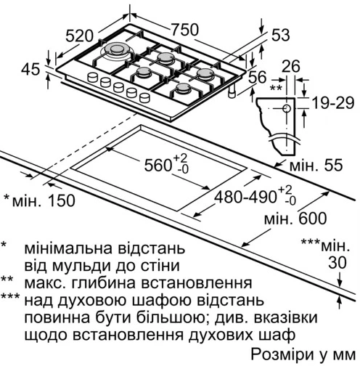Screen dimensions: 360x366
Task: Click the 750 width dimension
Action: point(185,30)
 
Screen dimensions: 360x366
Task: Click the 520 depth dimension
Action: point(79,36)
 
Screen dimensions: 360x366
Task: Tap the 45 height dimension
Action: point(30,69)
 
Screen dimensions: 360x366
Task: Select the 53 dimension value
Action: point(281,35)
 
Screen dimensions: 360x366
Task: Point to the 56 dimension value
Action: point(258,77)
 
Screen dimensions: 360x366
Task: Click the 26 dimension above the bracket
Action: point(291,66)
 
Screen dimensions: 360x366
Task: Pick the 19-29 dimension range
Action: point(333,103)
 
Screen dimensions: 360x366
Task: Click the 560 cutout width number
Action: point(158,166)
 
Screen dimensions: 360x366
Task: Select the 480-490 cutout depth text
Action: point(245,197)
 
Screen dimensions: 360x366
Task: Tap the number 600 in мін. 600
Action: point(312,219)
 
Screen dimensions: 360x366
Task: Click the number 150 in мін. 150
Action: point(61,200)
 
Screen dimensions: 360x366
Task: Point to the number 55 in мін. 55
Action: point(333,166)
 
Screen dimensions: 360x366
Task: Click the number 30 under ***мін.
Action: point(337,262)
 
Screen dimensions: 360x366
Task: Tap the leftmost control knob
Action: point(93,77)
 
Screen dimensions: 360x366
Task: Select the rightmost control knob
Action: point(144,97)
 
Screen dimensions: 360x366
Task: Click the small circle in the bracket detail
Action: point(287,109)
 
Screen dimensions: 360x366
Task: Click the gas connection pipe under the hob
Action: point(232,92)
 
